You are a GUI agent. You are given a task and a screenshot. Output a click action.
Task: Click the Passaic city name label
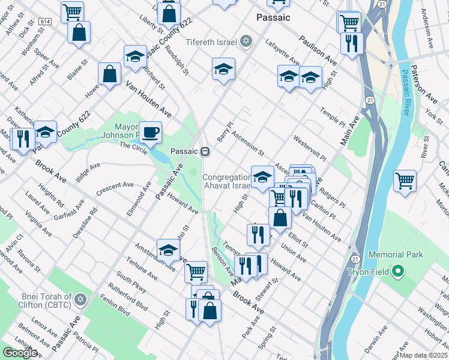coord(273,17)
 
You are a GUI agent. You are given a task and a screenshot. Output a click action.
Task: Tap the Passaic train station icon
coord(205,151)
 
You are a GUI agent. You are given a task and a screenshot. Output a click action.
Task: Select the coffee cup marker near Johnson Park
coord(150,131)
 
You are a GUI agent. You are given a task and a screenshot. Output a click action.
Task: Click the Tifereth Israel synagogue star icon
coord(245,41)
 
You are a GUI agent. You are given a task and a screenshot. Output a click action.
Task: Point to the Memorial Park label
coord(396,254)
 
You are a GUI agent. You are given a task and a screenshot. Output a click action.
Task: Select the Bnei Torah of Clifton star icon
coord(81,299)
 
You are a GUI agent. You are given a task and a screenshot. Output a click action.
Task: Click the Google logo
coord(20,352)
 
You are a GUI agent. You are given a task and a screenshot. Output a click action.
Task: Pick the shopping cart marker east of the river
coord(405,180)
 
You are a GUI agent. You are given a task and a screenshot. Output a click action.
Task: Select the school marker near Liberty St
coord(136,56)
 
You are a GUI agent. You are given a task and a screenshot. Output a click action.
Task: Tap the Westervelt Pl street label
coord(309,148)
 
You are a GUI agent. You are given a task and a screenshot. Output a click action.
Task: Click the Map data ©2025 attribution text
coord(423,355)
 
